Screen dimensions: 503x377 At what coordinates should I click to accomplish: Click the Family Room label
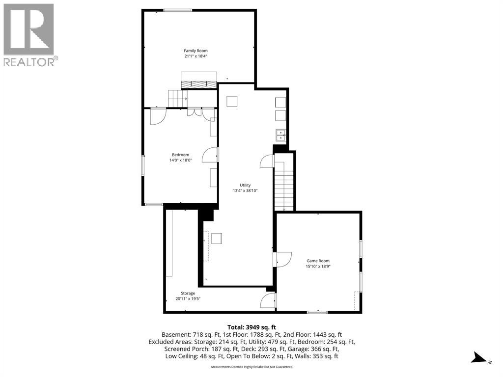point(196,51)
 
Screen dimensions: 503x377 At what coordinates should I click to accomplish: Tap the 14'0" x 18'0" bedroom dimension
point(181,160)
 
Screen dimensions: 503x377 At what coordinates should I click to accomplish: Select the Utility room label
point(245,185)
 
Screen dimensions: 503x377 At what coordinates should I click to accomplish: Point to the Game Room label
point(318,261)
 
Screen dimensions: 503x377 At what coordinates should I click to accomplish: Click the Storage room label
point(188,294)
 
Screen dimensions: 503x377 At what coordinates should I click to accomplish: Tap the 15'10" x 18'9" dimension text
point(318,267)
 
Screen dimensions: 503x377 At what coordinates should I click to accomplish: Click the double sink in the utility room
point(280,135)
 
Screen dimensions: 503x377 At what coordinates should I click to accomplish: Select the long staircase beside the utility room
point(284,187)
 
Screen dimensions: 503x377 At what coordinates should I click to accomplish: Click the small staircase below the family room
point(178,99)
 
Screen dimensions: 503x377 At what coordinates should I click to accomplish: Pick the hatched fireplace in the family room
point(199,84)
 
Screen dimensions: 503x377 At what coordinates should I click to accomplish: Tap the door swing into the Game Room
point(282,259)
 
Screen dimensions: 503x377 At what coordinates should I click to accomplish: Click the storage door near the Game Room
point(268,301)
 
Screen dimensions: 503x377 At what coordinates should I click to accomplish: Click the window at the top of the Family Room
point(178,11)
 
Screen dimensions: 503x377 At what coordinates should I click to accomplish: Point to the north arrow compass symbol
point(479,358)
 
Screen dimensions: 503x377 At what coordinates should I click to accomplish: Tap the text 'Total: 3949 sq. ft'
point(251,327)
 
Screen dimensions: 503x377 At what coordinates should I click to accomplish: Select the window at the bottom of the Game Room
point(317,312)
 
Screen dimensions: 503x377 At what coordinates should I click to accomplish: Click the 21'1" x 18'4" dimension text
point(196,56)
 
